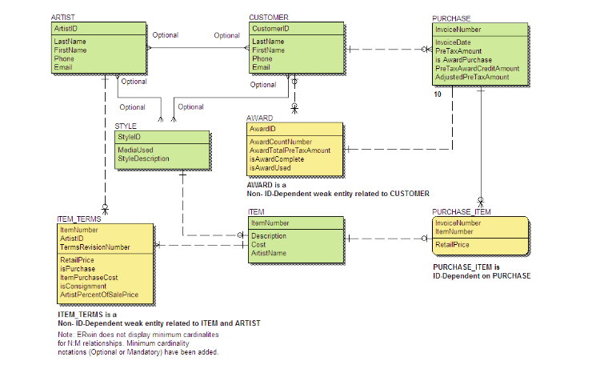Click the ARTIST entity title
(63, 17)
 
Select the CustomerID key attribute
(270, 29)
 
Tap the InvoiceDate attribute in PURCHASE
(452, 42)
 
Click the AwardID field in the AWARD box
(262, 129)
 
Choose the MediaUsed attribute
(135, 150)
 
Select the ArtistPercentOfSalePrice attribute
(98, 295)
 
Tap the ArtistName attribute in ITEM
(268, 254)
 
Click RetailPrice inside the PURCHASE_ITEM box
(451, 245)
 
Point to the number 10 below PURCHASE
(438, 94)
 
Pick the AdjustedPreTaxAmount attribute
(472, 78)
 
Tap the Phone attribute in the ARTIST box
(64, 58)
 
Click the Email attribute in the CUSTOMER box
(262, 67)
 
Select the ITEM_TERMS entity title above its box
(78, 219)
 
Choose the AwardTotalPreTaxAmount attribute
(290, 150)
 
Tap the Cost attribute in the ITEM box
(259, 245)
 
